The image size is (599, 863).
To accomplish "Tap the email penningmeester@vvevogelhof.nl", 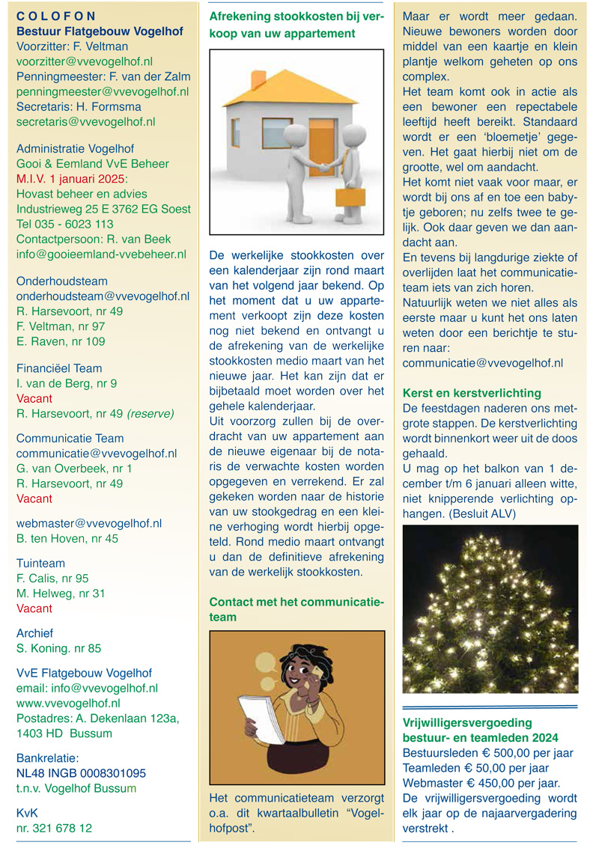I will (x=103, y=91).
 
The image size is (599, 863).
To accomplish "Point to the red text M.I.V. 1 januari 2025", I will (x=72, y=179).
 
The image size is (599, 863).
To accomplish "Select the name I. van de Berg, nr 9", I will (x=67, y=383).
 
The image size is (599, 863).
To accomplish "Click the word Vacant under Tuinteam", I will (x=34, y=609).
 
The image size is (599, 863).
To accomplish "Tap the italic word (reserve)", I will (x=150, y=413).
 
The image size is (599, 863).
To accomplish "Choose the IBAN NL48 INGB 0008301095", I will (x=81, y=773).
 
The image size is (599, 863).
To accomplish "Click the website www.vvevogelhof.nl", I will (x=68, y=704).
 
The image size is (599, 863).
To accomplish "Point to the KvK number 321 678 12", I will (x=55, y=828).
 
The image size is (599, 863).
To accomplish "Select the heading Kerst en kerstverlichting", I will (x=472, y=393).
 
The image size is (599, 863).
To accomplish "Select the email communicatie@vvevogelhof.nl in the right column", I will (x=483, y=363).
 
